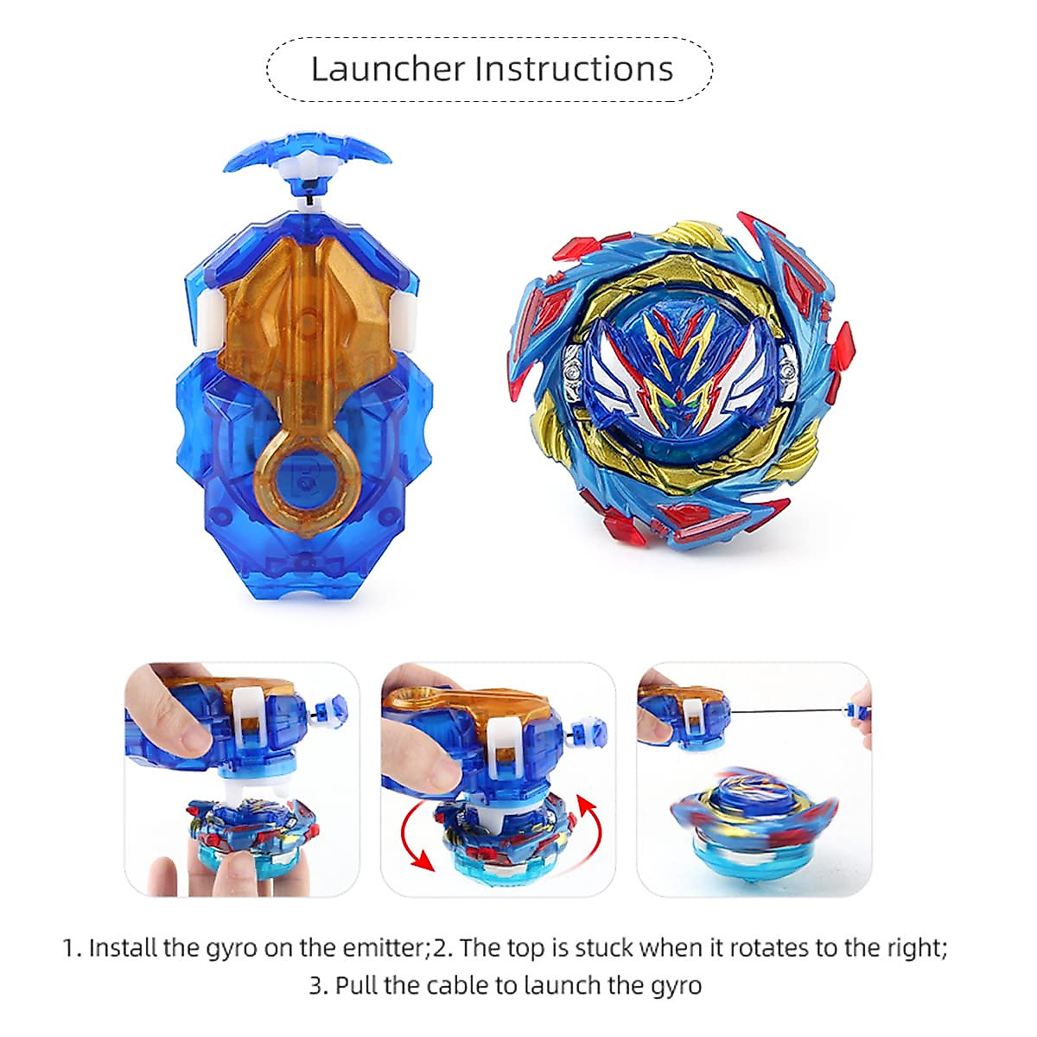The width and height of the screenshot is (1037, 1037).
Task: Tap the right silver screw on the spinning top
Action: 787,372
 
